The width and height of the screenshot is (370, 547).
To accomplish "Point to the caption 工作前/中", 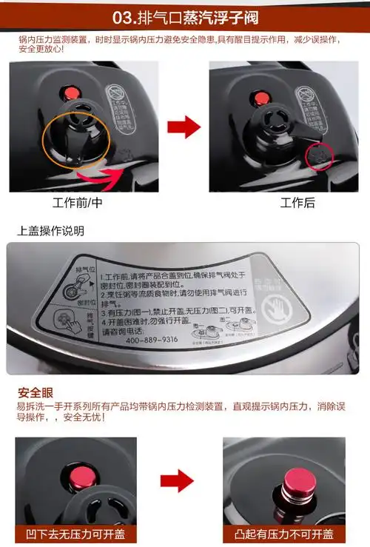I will [77, 202].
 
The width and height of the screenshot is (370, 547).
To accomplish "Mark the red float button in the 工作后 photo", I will [260, 95].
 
